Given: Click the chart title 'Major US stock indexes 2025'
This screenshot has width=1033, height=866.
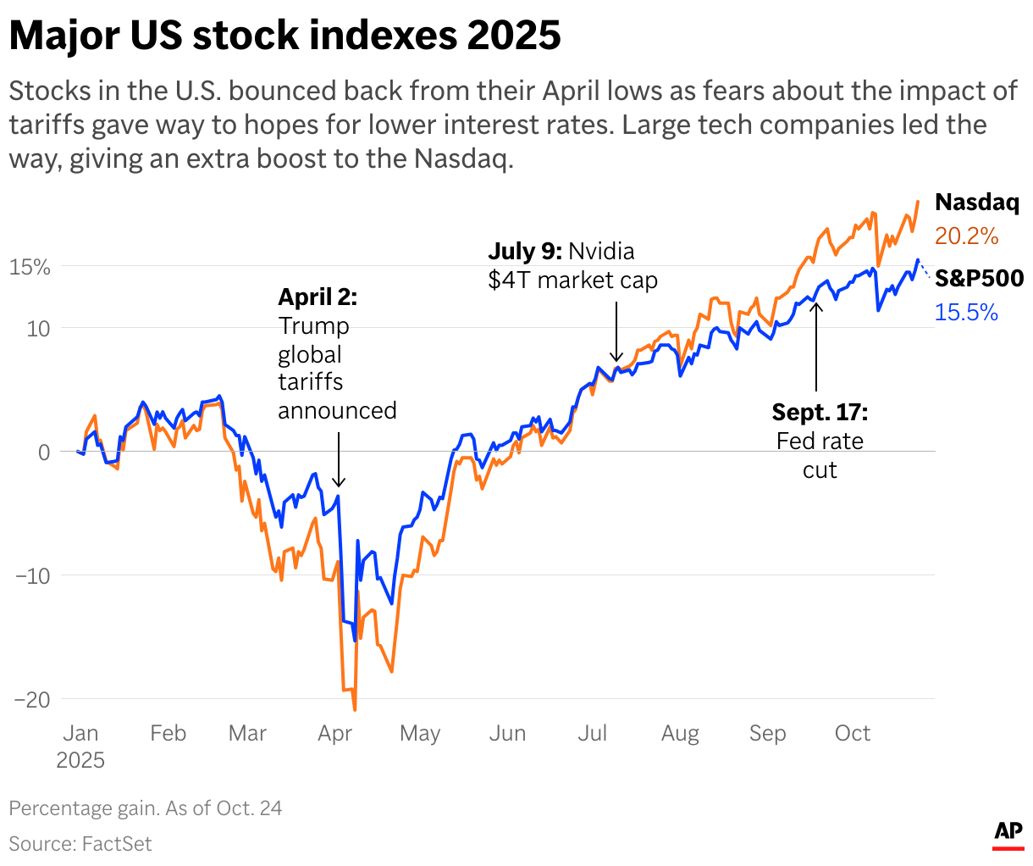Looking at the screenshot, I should pyautogui.click(x=284, y=36).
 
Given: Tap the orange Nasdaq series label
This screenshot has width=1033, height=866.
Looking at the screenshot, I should pyautogui.click(x=976, y=203).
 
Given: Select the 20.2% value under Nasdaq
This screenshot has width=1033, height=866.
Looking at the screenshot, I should pyautogui.click(x=966, y=236).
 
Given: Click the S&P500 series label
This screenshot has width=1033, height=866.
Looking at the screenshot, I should pyautogui.click(x=979, y=279).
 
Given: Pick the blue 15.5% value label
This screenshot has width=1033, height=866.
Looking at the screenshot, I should pyautogui.click(x=966, y=313).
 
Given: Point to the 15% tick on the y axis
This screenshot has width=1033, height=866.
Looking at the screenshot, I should pyautogui.click(x=30, y=267).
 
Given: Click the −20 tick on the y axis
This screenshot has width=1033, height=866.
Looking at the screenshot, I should pyautogui.click(x=31, y=700).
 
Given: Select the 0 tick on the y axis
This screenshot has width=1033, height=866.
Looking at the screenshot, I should pyautogui.click(x=44, y=452).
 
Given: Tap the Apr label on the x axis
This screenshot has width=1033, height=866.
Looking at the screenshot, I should pyautogui.click(x=334, y=734).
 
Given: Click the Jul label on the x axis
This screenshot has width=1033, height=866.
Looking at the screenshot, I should pyautogui.click(x=592, y=734).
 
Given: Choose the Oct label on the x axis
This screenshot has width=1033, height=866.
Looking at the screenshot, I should pyautogui.click(x=852, y=734).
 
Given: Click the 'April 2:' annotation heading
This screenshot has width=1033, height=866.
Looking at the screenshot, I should pyautogui.click(x=318, y=297).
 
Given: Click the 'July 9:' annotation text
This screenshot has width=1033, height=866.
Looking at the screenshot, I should pyautogui.click(x=524, y=252).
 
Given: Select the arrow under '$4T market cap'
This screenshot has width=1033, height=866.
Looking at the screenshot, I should pyautogui.click(x=616, y=331).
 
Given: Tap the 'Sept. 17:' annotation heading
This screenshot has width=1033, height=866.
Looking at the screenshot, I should pyautogui.click(x=819, y=413).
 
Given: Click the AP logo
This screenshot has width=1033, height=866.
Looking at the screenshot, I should pyautogui.click(x=1008, y=833).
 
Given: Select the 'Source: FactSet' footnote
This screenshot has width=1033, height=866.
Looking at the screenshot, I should pyautogui.click(x=80, y=844).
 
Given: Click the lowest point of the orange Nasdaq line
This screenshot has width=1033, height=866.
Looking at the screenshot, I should pyautogui.click(x=355, y=709).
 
